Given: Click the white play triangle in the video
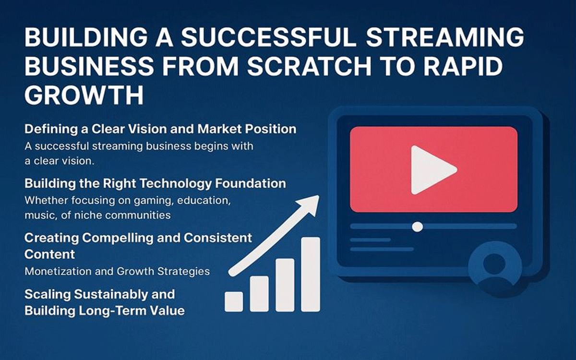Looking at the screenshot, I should point(431,169).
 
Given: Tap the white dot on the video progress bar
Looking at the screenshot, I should point(418,226).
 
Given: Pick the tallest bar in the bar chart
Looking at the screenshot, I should point(310,274).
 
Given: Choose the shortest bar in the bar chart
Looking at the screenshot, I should point(234,301).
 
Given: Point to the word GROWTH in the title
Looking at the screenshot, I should point(84,95).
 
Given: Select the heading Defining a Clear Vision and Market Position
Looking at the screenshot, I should point(160,129).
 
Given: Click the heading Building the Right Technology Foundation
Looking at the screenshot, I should point(155,183).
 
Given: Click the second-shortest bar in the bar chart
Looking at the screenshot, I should point(259,294).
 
